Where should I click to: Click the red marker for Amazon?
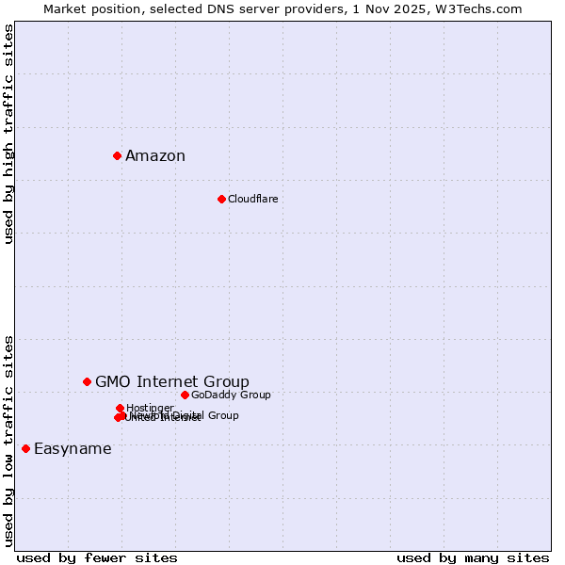117,155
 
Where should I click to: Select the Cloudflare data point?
221,199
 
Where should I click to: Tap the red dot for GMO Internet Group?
87,381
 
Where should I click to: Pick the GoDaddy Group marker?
185,395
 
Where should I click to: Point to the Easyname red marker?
25,448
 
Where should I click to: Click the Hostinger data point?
120,408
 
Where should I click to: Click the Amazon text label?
155,156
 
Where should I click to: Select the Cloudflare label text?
252,199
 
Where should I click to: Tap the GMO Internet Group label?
172,381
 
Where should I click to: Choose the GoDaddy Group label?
231,395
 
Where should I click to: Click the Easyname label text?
73,448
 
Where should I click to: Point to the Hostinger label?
150,408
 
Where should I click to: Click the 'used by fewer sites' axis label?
97,557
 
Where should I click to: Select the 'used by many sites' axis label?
473,557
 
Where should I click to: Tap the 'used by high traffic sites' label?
9,134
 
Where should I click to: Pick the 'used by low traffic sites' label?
9,441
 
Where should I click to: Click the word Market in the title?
65,8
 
